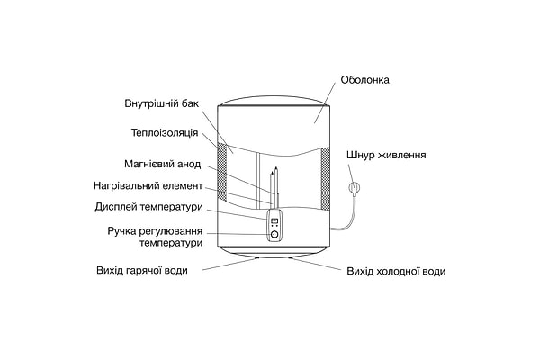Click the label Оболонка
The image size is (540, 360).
(364, 79)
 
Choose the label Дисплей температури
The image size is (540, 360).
(148, 208)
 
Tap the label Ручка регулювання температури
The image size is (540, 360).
(154, 238)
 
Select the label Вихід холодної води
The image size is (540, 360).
(395, 271)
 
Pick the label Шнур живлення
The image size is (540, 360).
(386, 155)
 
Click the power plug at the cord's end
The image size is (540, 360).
(354, 187)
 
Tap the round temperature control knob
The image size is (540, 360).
(273, 235)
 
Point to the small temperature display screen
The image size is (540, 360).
(273, 220)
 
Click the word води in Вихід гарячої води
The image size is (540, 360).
(175, 271)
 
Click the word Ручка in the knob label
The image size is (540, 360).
(122, 231)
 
